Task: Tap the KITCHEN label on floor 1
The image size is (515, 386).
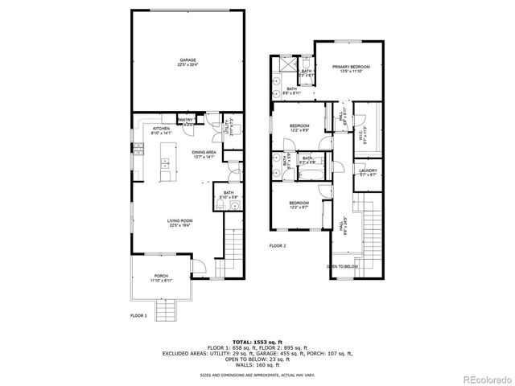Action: click(x=161, y=129)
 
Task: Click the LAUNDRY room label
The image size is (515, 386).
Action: click(x=369, y=172)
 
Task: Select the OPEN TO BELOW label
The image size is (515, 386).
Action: click(x=343, y=266)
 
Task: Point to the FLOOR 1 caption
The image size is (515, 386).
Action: click(x=138, y=316)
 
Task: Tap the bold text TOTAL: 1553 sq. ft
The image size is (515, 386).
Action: click(x=257, y=342)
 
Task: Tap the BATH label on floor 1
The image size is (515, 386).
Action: click(x=229, y=194)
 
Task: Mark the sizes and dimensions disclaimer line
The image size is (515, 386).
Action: click(x=257, y=374)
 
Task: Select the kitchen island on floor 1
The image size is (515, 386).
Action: click(x=167, y=163)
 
